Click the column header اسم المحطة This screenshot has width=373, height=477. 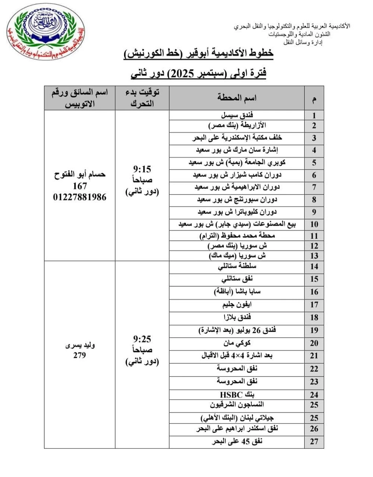point(237,98)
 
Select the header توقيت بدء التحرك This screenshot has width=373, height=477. point(142,98)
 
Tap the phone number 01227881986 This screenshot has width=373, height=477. point(79,197)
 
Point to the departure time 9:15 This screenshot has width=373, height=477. point(142,170)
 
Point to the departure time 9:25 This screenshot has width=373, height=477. point(142,339)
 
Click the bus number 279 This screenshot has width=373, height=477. point(79,355)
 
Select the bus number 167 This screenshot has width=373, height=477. point(79,186)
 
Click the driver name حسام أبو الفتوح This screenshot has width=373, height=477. point(79,174)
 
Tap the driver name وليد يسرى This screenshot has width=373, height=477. point(80,345)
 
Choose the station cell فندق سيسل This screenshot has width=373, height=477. point(237,115)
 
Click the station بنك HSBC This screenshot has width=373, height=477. point(237,395)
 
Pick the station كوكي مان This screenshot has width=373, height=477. point(237,343)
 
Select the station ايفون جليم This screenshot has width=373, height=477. point(237,305)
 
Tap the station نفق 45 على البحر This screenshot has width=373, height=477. point(237,442)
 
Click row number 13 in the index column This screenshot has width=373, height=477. point(314,256)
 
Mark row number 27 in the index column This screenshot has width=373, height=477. point(314,442)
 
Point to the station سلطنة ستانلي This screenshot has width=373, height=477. point(237,266)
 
